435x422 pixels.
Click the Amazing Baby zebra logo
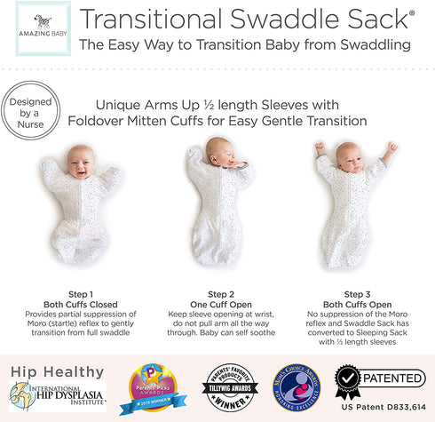[x=36, y=24]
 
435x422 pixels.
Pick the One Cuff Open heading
[x=219, y=303]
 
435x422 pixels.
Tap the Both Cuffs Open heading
[x=358, y=303]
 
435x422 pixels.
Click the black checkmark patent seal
[x=348, y=381]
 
